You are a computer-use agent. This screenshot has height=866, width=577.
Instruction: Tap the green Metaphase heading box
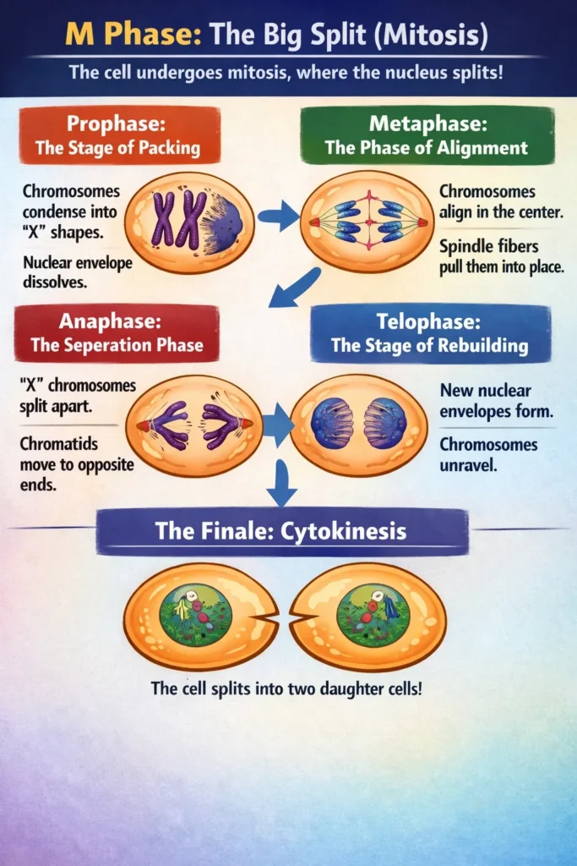coord(427,135)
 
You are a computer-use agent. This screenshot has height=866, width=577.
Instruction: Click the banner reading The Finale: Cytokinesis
coord(281,532)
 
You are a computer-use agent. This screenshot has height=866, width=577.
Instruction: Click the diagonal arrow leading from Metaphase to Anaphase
coord(293,288)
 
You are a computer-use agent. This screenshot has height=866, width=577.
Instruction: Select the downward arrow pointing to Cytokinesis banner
coord(281,483)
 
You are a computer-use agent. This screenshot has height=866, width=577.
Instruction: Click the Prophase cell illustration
coord(189,221)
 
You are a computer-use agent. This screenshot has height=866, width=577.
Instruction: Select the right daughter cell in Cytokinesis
coord(369,615)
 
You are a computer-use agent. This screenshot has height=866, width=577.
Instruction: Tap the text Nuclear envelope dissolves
coord(79,272)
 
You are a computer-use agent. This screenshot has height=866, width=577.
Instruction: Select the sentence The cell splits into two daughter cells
coord(286,688)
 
